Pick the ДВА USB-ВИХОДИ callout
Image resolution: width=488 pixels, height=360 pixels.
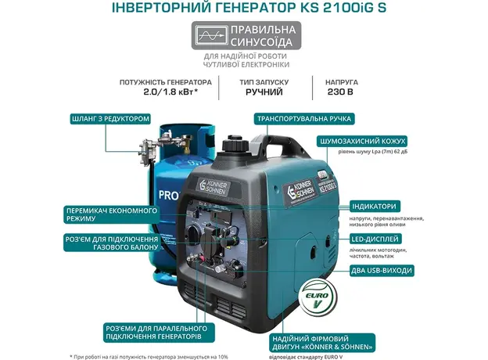pyautogui.click(x=379, y=270)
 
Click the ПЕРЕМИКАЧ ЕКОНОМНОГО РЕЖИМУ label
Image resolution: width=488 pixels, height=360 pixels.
pyautogui.click(x=111, y=215)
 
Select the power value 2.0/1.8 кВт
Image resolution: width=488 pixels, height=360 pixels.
pyautogui.click(x=166, y=92)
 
